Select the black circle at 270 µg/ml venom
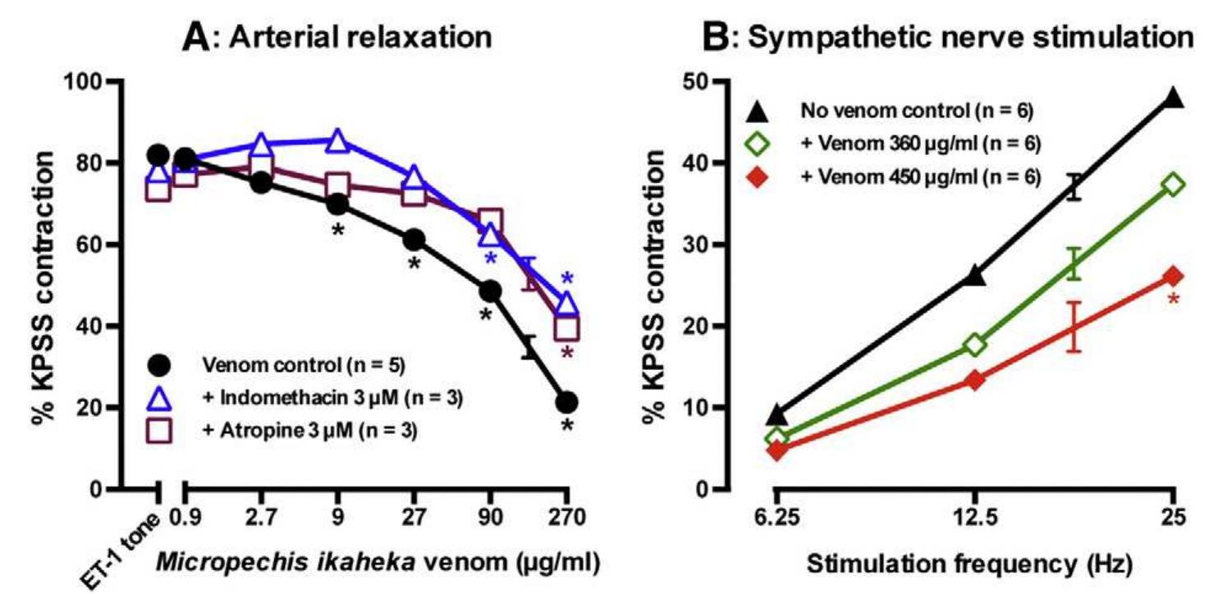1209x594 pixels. [x=566, y=402]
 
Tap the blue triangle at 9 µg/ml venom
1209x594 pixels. [x=337, y=140]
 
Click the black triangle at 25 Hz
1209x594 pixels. [x=1174, y=98]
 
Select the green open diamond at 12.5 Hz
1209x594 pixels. [x=975, y=345]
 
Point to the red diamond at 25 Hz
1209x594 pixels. [x=1174, y=276]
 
